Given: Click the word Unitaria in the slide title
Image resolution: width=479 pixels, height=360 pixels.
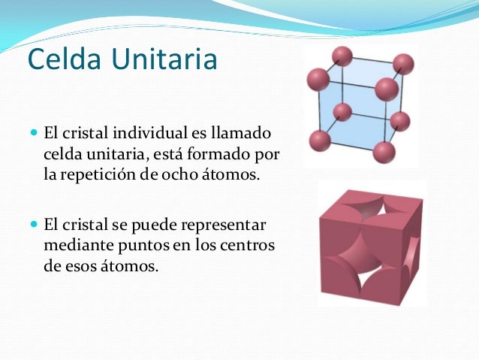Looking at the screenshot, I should [x=161, y=59].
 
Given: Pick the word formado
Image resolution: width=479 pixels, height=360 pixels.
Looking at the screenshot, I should [x=233, y=155].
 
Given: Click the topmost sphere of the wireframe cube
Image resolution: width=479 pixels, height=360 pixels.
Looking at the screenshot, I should [x=343, y=55].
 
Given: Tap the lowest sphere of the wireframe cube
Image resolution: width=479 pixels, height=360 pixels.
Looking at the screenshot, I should [x=384, y=152].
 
